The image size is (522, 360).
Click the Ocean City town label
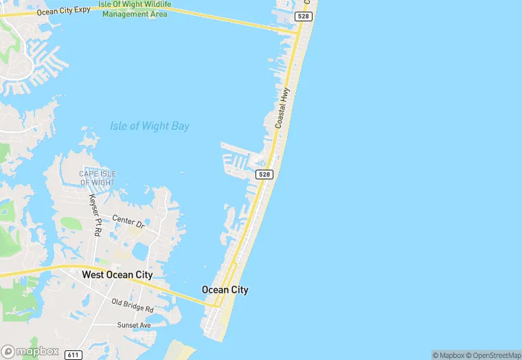click(x=225, y=290)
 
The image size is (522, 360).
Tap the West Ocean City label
click(x=117, y=275)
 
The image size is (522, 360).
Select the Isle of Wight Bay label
click(x=150, y=126)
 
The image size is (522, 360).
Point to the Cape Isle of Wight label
click(x=98, y=178)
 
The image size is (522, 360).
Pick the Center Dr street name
click(x=128, y=223)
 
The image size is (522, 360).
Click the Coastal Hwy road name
click(x=283, y=108)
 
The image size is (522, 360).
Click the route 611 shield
click(x=73, y=355)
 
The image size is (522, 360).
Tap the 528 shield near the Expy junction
click(x=303, y=16)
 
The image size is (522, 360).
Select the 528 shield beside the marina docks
click(x=265, y=175)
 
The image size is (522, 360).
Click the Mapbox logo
click(x=30, y=350)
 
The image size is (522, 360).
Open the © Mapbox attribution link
click(x=448, y=355)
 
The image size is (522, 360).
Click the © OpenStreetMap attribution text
click(x=493, y=355)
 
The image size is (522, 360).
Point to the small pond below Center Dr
click(x=141, y=253)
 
